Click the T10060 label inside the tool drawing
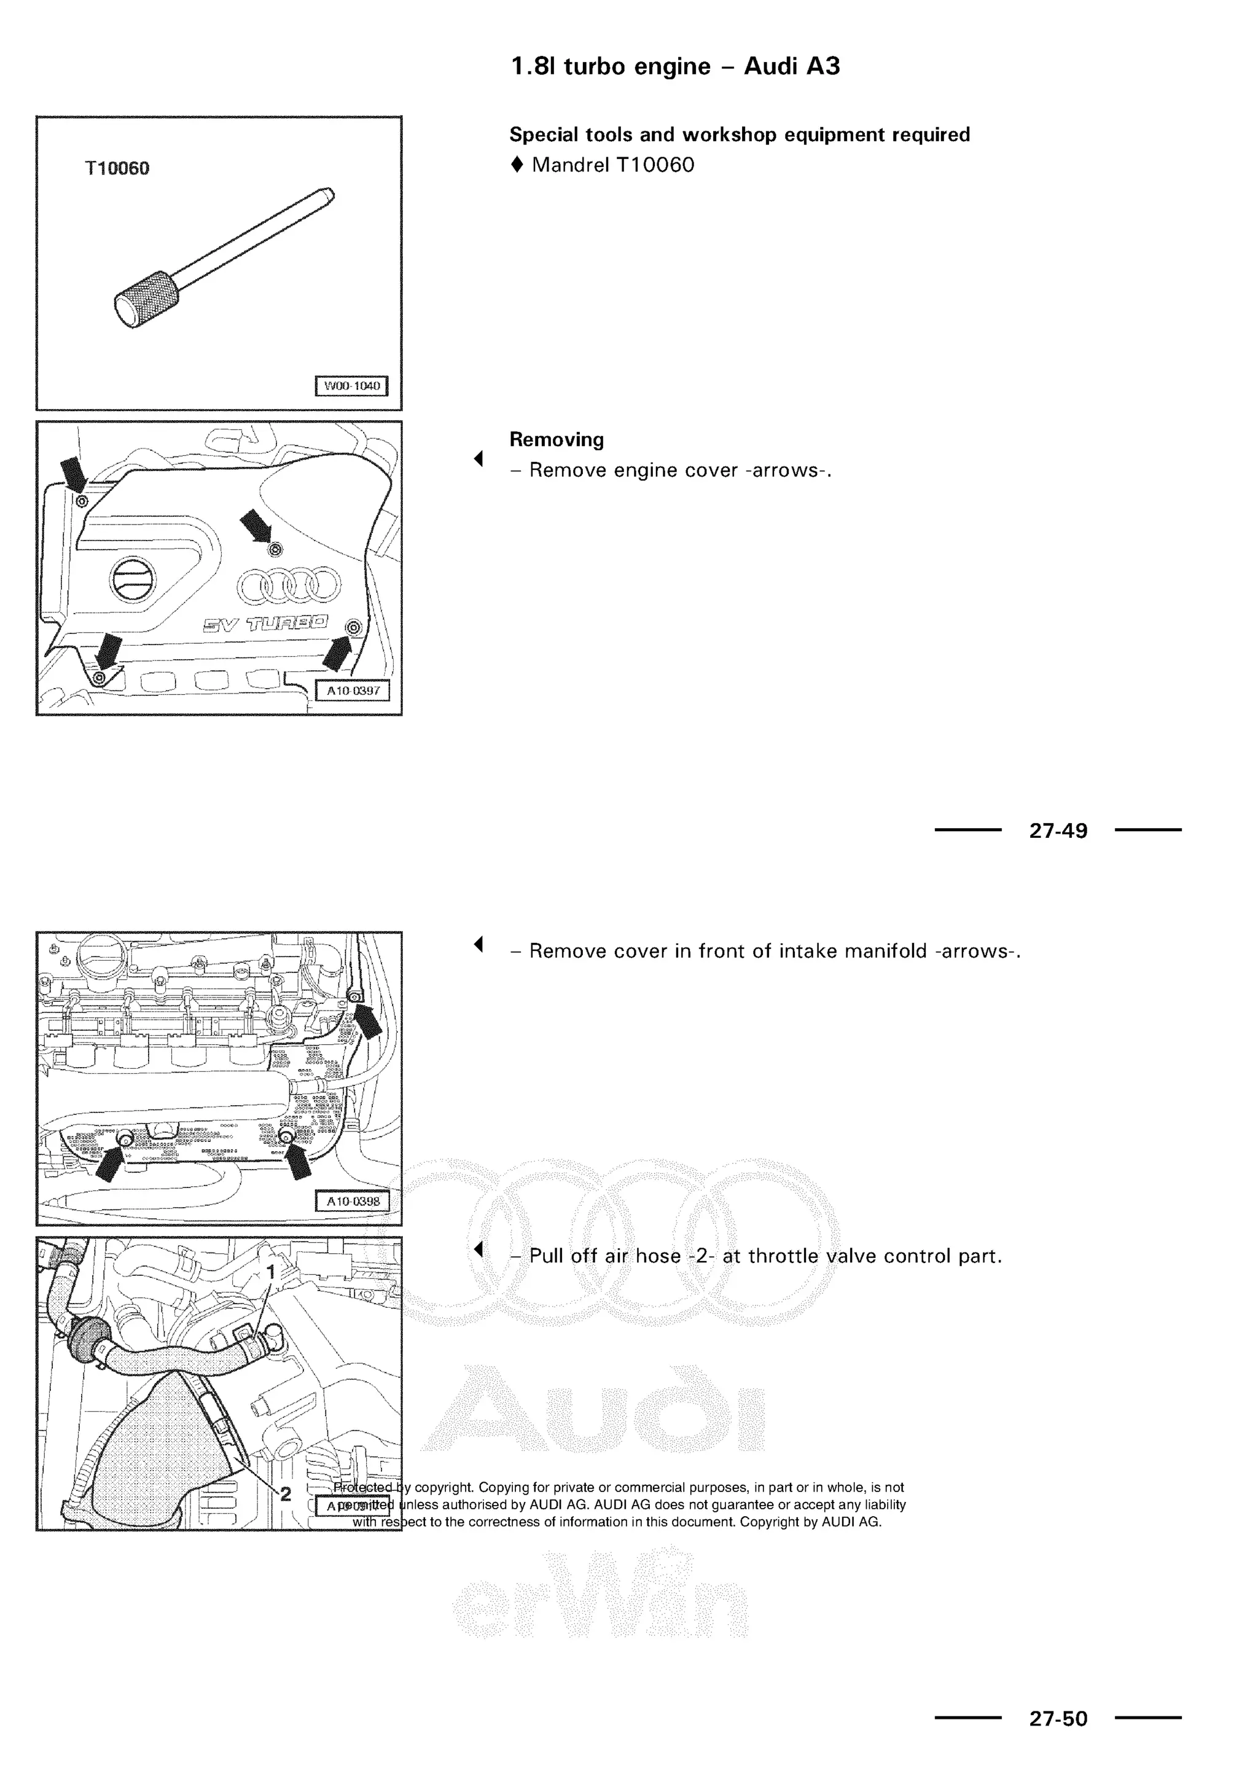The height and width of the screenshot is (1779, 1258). pos(117,168)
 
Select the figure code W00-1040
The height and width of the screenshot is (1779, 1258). pos(352,386)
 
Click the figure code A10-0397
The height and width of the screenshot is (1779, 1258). pos(353,690)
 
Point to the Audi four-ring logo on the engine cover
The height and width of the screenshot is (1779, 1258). pos(288,587)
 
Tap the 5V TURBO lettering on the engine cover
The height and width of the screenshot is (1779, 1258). pos(265,624)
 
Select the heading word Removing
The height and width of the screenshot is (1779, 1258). pos(556,439)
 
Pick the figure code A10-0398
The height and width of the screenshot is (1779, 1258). pos(353,1202)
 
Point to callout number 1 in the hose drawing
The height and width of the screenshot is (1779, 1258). pos(271,1272)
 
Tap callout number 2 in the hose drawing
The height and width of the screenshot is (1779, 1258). pos(285,1493)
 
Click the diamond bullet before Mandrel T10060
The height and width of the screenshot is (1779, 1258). pos(517,165)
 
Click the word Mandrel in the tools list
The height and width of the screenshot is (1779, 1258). pos(570,165)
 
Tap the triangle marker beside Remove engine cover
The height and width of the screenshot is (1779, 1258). pos(479,459)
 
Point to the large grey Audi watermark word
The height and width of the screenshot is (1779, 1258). pos(593,1407)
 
